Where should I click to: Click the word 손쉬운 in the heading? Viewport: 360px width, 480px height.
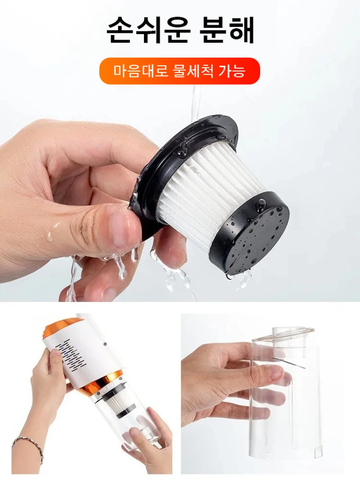point(148,31)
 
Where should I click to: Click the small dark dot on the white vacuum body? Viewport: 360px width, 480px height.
point(105,344)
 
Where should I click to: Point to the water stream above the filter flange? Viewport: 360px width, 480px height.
point(196,104)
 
